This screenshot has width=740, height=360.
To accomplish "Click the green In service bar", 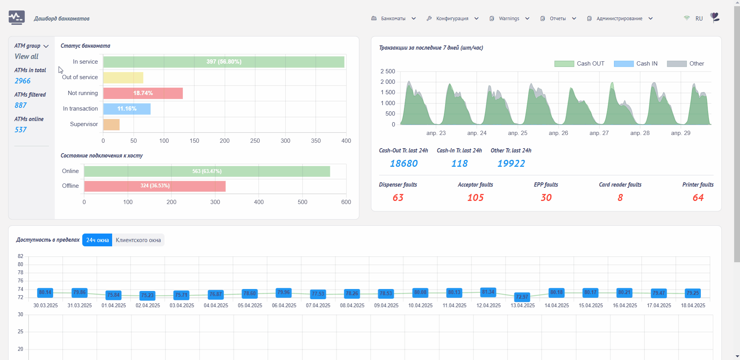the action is [224, 62].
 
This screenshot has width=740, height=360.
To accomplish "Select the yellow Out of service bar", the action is [123, 78].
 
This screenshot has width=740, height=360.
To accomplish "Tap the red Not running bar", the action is [143, 93].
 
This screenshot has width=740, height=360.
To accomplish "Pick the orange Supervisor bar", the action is [111, 125].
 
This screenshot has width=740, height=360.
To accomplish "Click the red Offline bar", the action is [155, 186].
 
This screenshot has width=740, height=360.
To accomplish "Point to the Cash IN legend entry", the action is [636, 64].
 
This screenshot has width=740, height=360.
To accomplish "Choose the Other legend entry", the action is [685, 64].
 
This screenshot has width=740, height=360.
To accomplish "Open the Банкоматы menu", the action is [393, 19].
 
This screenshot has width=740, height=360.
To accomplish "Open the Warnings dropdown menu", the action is [509, 19].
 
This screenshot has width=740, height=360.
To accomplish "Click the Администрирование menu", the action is [620, 19].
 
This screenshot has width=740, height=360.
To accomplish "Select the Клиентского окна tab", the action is [138, 240].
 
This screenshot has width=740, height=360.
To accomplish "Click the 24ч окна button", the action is [97, 240].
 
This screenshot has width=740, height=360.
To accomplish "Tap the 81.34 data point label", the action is [488, 292].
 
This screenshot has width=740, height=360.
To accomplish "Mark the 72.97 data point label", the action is [522, 297].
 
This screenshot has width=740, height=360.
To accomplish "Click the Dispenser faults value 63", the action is [398, 198].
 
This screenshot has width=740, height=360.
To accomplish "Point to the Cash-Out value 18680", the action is [404, 164].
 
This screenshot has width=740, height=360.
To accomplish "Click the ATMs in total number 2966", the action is [23, 81].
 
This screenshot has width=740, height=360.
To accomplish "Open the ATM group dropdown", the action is [31, 46].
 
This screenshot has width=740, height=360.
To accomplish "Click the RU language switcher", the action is [699, 19].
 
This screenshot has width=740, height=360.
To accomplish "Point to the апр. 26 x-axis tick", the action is [558, 133].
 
